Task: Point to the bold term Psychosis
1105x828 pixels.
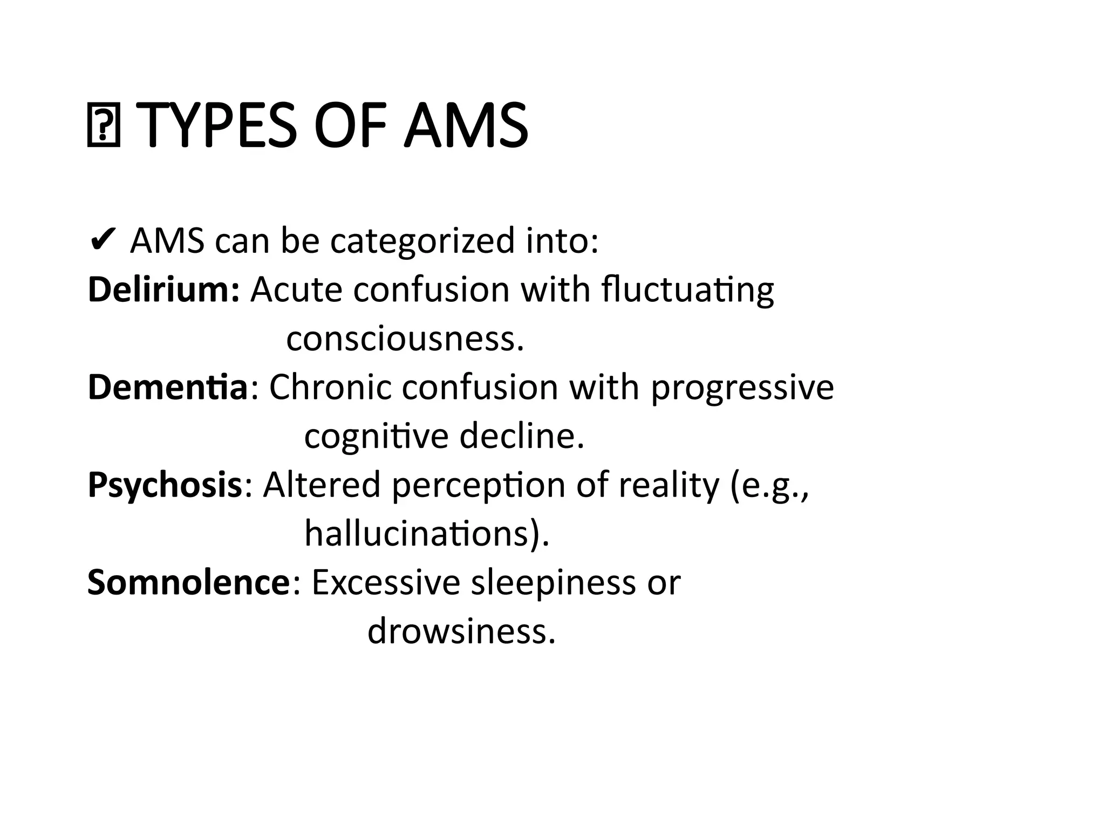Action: point(165,485)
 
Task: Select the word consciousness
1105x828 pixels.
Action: point(405,339)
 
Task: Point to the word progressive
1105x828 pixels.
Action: point(742,388)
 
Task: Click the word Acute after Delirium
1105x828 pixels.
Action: point(296,289)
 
